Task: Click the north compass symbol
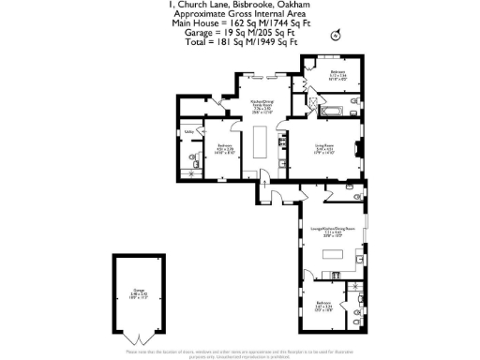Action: [x=335, y=35]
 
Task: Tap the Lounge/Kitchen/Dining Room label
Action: [x=335, y=228]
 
